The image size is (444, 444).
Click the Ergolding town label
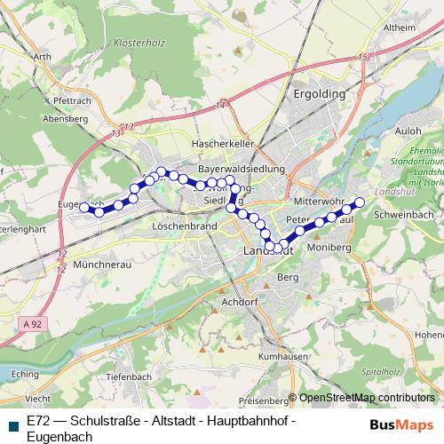pos(319,92)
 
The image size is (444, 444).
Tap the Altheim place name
pos(400,28)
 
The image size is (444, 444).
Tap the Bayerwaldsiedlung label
pos(241,168)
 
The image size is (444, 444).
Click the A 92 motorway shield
pos(32,325)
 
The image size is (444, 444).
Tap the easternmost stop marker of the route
pos(360,202)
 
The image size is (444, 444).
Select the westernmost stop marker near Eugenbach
pos(84,208)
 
